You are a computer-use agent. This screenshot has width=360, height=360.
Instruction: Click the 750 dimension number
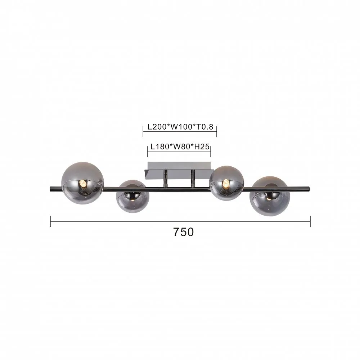pos(184,232)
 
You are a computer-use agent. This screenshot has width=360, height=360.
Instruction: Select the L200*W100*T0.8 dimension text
pos(180,127)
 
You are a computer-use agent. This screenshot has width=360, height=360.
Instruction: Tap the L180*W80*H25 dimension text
pos(180,147)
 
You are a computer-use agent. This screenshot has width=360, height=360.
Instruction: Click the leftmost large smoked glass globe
pos(83,183)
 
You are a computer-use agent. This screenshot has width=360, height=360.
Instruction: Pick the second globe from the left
pos(132,196)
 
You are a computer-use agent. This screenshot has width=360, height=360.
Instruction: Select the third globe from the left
pos(226,183)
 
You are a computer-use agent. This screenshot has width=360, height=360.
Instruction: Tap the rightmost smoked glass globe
pos(270,196)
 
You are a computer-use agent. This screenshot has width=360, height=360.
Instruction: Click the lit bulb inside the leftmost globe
pos(83,184)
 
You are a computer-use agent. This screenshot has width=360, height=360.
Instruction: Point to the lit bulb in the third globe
pos(226,183)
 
